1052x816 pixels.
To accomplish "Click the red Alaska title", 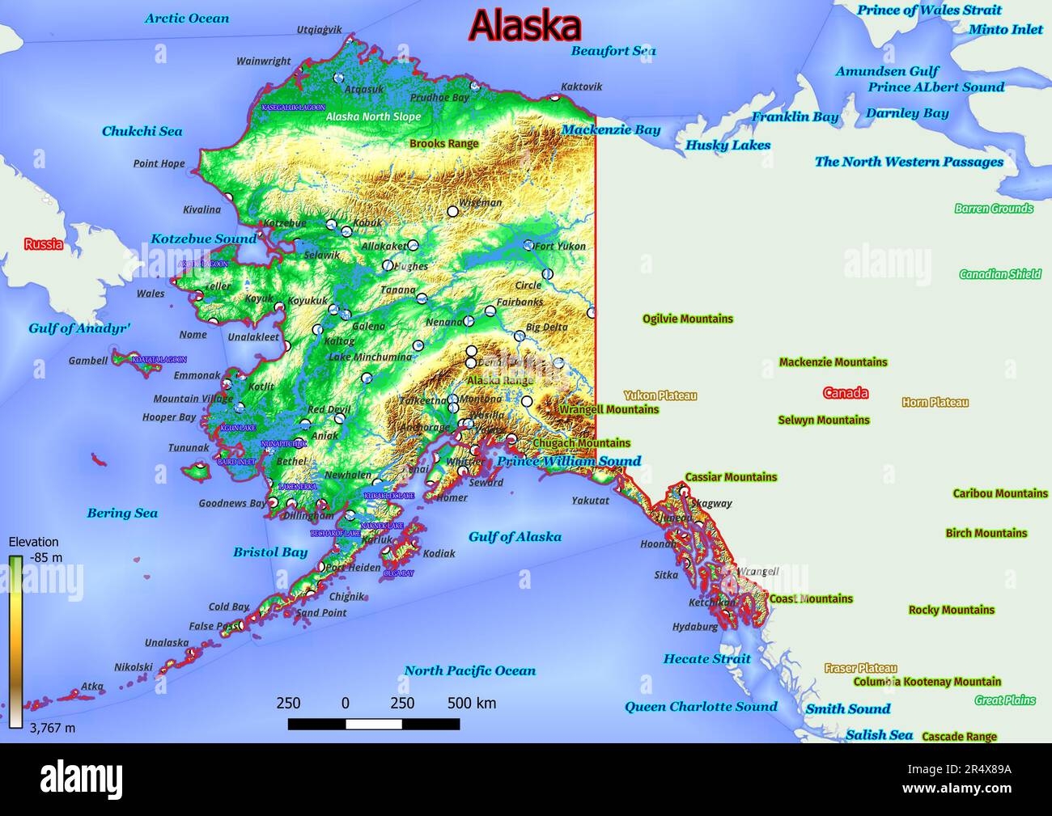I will coord(524,26).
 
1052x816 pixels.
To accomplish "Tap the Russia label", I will coord(43,244).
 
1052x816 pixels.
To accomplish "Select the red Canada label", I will coord(845,393).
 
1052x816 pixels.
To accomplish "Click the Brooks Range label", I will coord(443,144).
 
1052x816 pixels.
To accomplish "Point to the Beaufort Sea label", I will coord(613,51).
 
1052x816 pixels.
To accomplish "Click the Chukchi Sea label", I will coord(142,131).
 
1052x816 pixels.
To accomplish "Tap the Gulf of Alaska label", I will coord(515,536).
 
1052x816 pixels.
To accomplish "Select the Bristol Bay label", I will coord(270,552).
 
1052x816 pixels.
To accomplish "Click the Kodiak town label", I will coord(439,554).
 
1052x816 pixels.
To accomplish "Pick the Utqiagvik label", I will coord(319,30).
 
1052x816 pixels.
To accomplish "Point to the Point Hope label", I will coord(159,163).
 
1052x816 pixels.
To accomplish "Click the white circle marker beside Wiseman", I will coord(453,211).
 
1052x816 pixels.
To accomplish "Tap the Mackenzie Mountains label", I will coord(833,362).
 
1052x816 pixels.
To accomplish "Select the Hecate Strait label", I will coord(706,658).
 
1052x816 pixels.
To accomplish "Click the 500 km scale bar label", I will coord(472,703).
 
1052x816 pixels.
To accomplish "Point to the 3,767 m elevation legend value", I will coord(53,728).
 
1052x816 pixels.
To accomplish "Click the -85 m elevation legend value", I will coord(45,557).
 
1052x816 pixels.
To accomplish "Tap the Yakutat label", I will coord(590,501).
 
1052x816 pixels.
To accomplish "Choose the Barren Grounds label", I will coord(993,209).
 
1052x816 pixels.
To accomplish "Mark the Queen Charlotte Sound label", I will coord(700,706).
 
